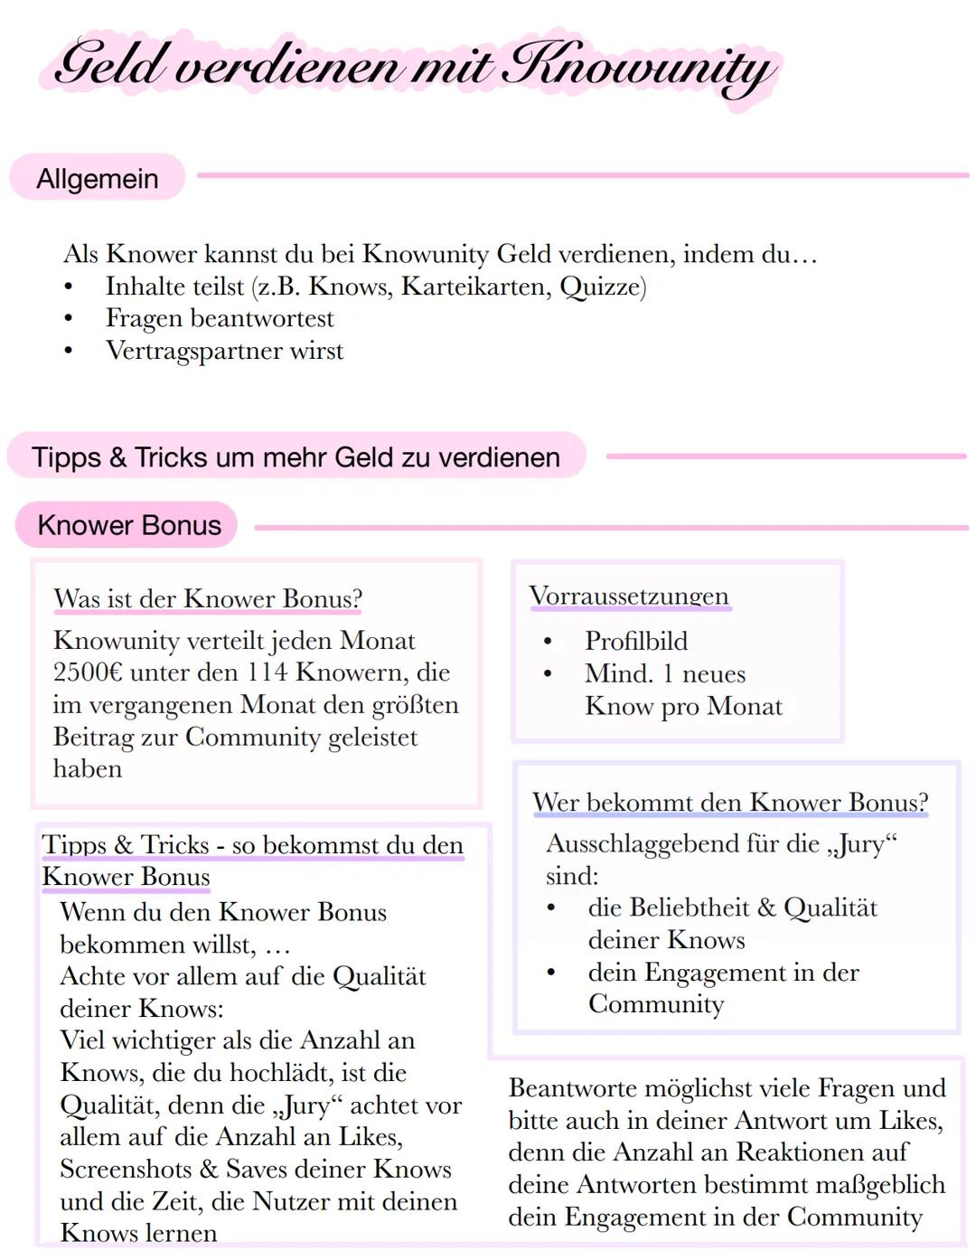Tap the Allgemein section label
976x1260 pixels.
[98, 179]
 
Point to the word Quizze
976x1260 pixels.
[602, 287]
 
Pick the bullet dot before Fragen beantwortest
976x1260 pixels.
[68, 319]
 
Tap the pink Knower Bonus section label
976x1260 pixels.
[128, 525]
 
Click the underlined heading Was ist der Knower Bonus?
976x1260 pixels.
[208, 598]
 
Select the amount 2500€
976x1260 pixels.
[88, 672]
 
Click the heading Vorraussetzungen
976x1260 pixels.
[629, 597]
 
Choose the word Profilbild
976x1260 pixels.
[636, 641]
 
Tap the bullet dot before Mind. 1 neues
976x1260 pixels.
[548, 674]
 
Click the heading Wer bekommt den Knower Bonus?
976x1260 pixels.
[730, 803]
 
